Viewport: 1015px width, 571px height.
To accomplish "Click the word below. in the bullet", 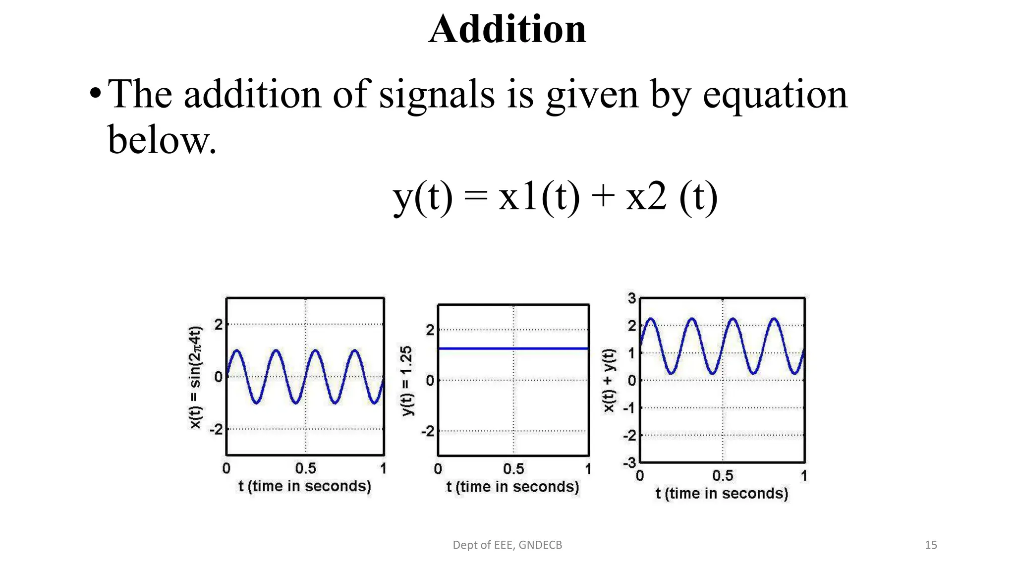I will pyautogui.click(x=162, y=140).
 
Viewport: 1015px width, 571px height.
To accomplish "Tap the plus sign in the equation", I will pyautogui.click(x=603, y=196).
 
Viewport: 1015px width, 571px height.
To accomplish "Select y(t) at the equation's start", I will pyautogui.click(x=423, y=197).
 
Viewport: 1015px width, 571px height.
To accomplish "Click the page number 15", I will pyautogui.click(x=931, y=545).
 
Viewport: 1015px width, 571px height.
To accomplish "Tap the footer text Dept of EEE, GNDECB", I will pyautogui.click(x=507, y=545).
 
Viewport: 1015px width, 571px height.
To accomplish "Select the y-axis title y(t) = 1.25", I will pyautogui.click(x=406, y=381).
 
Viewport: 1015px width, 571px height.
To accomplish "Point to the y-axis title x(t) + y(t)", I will pyautogui.click(x=609, y=380).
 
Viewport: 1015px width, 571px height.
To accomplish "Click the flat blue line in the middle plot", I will pyautogui.click(x=513, y=348).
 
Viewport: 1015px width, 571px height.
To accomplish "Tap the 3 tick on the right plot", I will pyautogui.click(x=632, y=298).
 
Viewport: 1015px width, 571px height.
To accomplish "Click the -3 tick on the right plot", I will pyautogui.click(x=629, y=463).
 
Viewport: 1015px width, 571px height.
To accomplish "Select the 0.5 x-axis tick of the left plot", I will pyautogui.click(x=305, y=468).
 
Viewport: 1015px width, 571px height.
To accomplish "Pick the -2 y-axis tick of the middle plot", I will pyautogui.click(x=427, y=431).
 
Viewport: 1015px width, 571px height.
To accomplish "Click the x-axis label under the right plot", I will pyautogui.click(x=722, y=494).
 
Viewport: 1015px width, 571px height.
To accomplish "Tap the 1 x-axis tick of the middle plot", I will pyautogui.click(x=588, y=469).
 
